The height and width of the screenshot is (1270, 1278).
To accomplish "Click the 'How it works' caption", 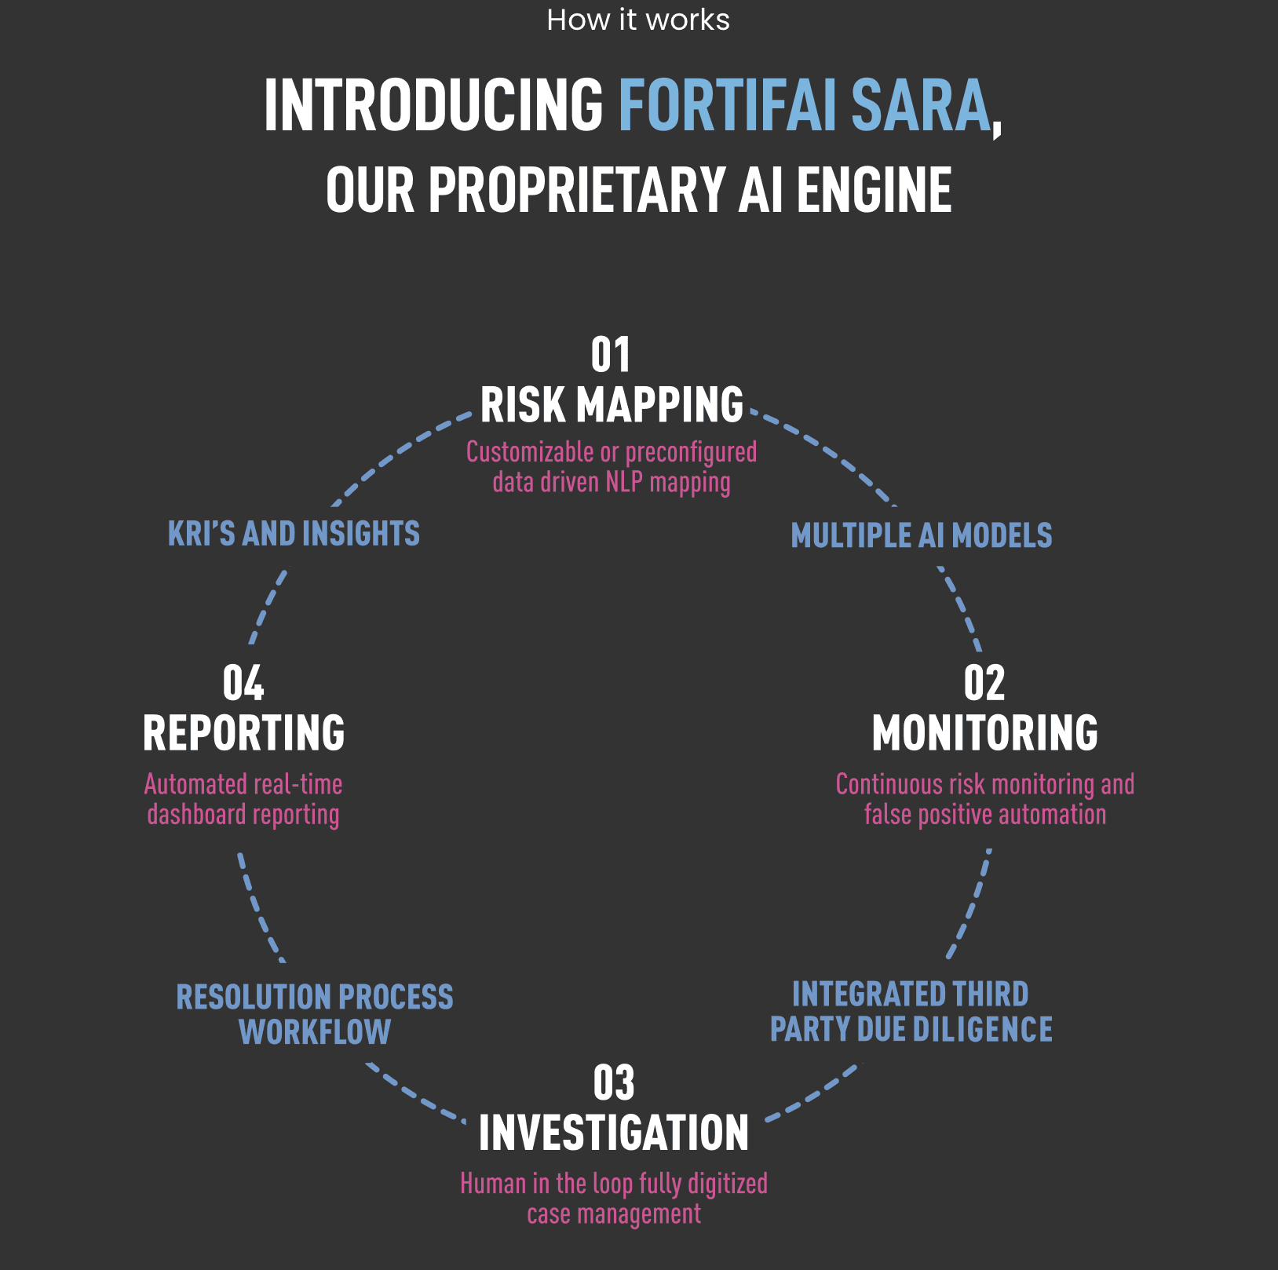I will pyautogui.click(x=637, y=20).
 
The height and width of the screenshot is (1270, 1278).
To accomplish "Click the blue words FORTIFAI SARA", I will pyautogui.click(x=805, y=106).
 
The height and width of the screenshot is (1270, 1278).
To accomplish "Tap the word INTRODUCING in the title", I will pyautogui.click(x=433, y=106).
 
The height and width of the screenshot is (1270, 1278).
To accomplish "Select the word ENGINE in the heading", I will pyautogui.click(x=874, y=191).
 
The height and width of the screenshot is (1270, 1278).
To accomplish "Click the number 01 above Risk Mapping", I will pyautogui.click(x=611, y=356).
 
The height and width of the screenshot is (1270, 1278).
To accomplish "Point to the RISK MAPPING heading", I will pyautogui.click(x=612, y=405).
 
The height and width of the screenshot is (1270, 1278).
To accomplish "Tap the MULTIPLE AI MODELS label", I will pyautogui.click(x=922, y=536).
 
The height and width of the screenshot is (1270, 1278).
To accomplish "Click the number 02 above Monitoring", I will pyautogui.click(x=984, y=684).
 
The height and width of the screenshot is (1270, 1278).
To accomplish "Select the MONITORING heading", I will pyautogui.click(x=985, y=733).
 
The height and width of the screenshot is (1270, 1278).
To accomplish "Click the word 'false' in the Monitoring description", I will pyautogui.click(x=888, y=815).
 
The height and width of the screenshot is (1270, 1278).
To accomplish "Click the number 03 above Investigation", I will pyautogui.click(x=614, y=1084).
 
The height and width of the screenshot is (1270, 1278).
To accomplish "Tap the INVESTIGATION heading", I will pyautogui.click(x=614, y=1133).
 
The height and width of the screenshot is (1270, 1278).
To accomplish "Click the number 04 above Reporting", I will pyautogui.click(x=243, y=684).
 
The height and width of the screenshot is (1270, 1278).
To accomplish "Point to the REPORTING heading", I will pyautogui.click(x=243, y=733).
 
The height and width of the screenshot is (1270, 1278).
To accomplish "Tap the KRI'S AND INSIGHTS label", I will pyautogui.click(x=294, y=535).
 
